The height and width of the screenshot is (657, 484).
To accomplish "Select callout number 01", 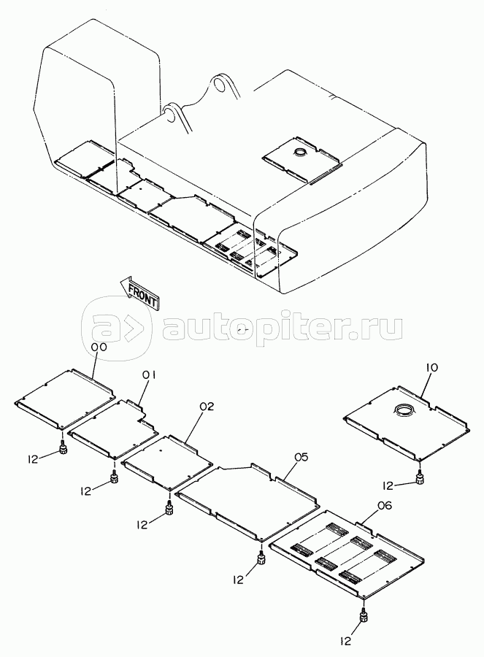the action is [149, 376].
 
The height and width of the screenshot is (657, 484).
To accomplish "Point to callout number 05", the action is [301, 457].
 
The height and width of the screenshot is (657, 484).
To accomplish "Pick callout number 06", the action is [384, 506].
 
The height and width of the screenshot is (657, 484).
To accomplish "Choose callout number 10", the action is [432, 368].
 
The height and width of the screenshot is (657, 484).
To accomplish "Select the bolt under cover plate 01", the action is [113, 477].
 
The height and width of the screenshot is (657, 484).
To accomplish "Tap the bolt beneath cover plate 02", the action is [169, 509].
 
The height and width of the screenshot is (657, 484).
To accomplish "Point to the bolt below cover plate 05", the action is [261, 557].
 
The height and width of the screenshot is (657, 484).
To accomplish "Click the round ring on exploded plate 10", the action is [404, 410].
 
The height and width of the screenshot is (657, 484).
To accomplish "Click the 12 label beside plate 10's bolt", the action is [388, 485].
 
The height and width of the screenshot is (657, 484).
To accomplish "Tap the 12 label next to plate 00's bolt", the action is [32, 459].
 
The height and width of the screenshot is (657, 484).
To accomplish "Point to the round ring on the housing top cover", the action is [301, 152].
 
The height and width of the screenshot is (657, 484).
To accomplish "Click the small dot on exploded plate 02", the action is [162, 451].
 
